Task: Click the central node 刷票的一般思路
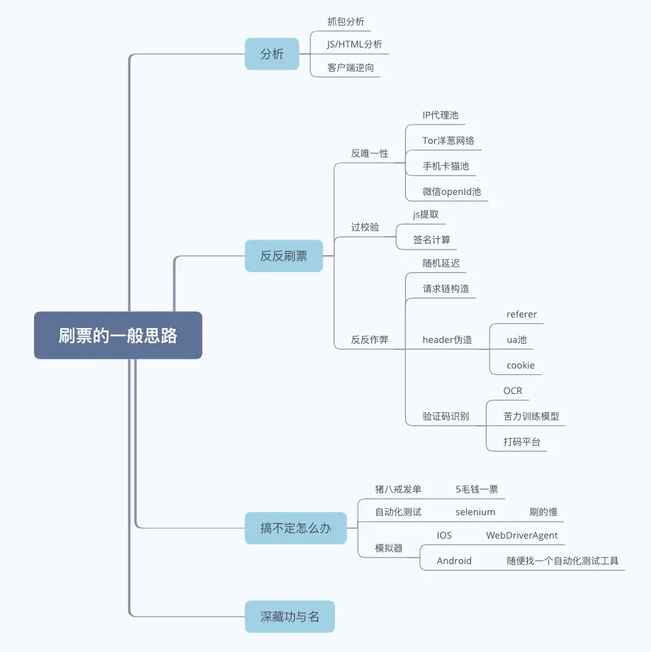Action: pyautogui.click(x=118, y=335)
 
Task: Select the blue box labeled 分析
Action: pyautogui.click(x=272, y=54)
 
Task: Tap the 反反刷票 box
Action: pyautogui.click(x=283, y=256)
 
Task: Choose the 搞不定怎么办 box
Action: pyautogui.click(x=295, y=528)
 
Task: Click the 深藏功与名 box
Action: pyautogui.click(x=289, y=617)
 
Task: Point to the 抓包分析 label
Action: pyautogui.click(x=346, y=22)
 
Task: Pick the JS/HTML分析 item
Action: pyautogui.click(x=354, y=45)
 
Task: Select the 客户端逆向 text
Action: pyautogui.click(x=350, y=68)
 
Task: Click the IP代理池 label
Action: pyautogui.click(x=441, y=115)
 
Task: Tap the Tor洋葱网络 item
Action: pyautogui.click(x=448, y=140)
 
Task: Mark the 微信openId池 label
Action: pyautogui.click(x=451, y=191)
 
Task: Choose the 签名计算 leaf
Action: pyautogui.click(x=431, y=240)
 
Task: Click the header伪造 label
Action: pyautogui.click(x=447, y=339)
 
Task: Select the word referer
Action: pyautogui.click(x=521, y=314)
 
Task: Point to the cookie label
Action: pyautogui.click(x=520, y=366)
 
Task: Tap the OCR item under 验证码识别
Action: pyautogui.click(x=512, y=390)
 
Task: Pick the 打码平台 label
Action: pyautogui.click(x=521, y=442)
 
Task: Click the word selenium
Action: pyautogui.click(x=475, y=512)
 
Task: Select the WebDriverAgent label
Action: pyautogui.click(x=521, y=535)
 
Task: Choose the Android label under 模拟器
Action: pyautogui.click(x=454, y=561)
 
